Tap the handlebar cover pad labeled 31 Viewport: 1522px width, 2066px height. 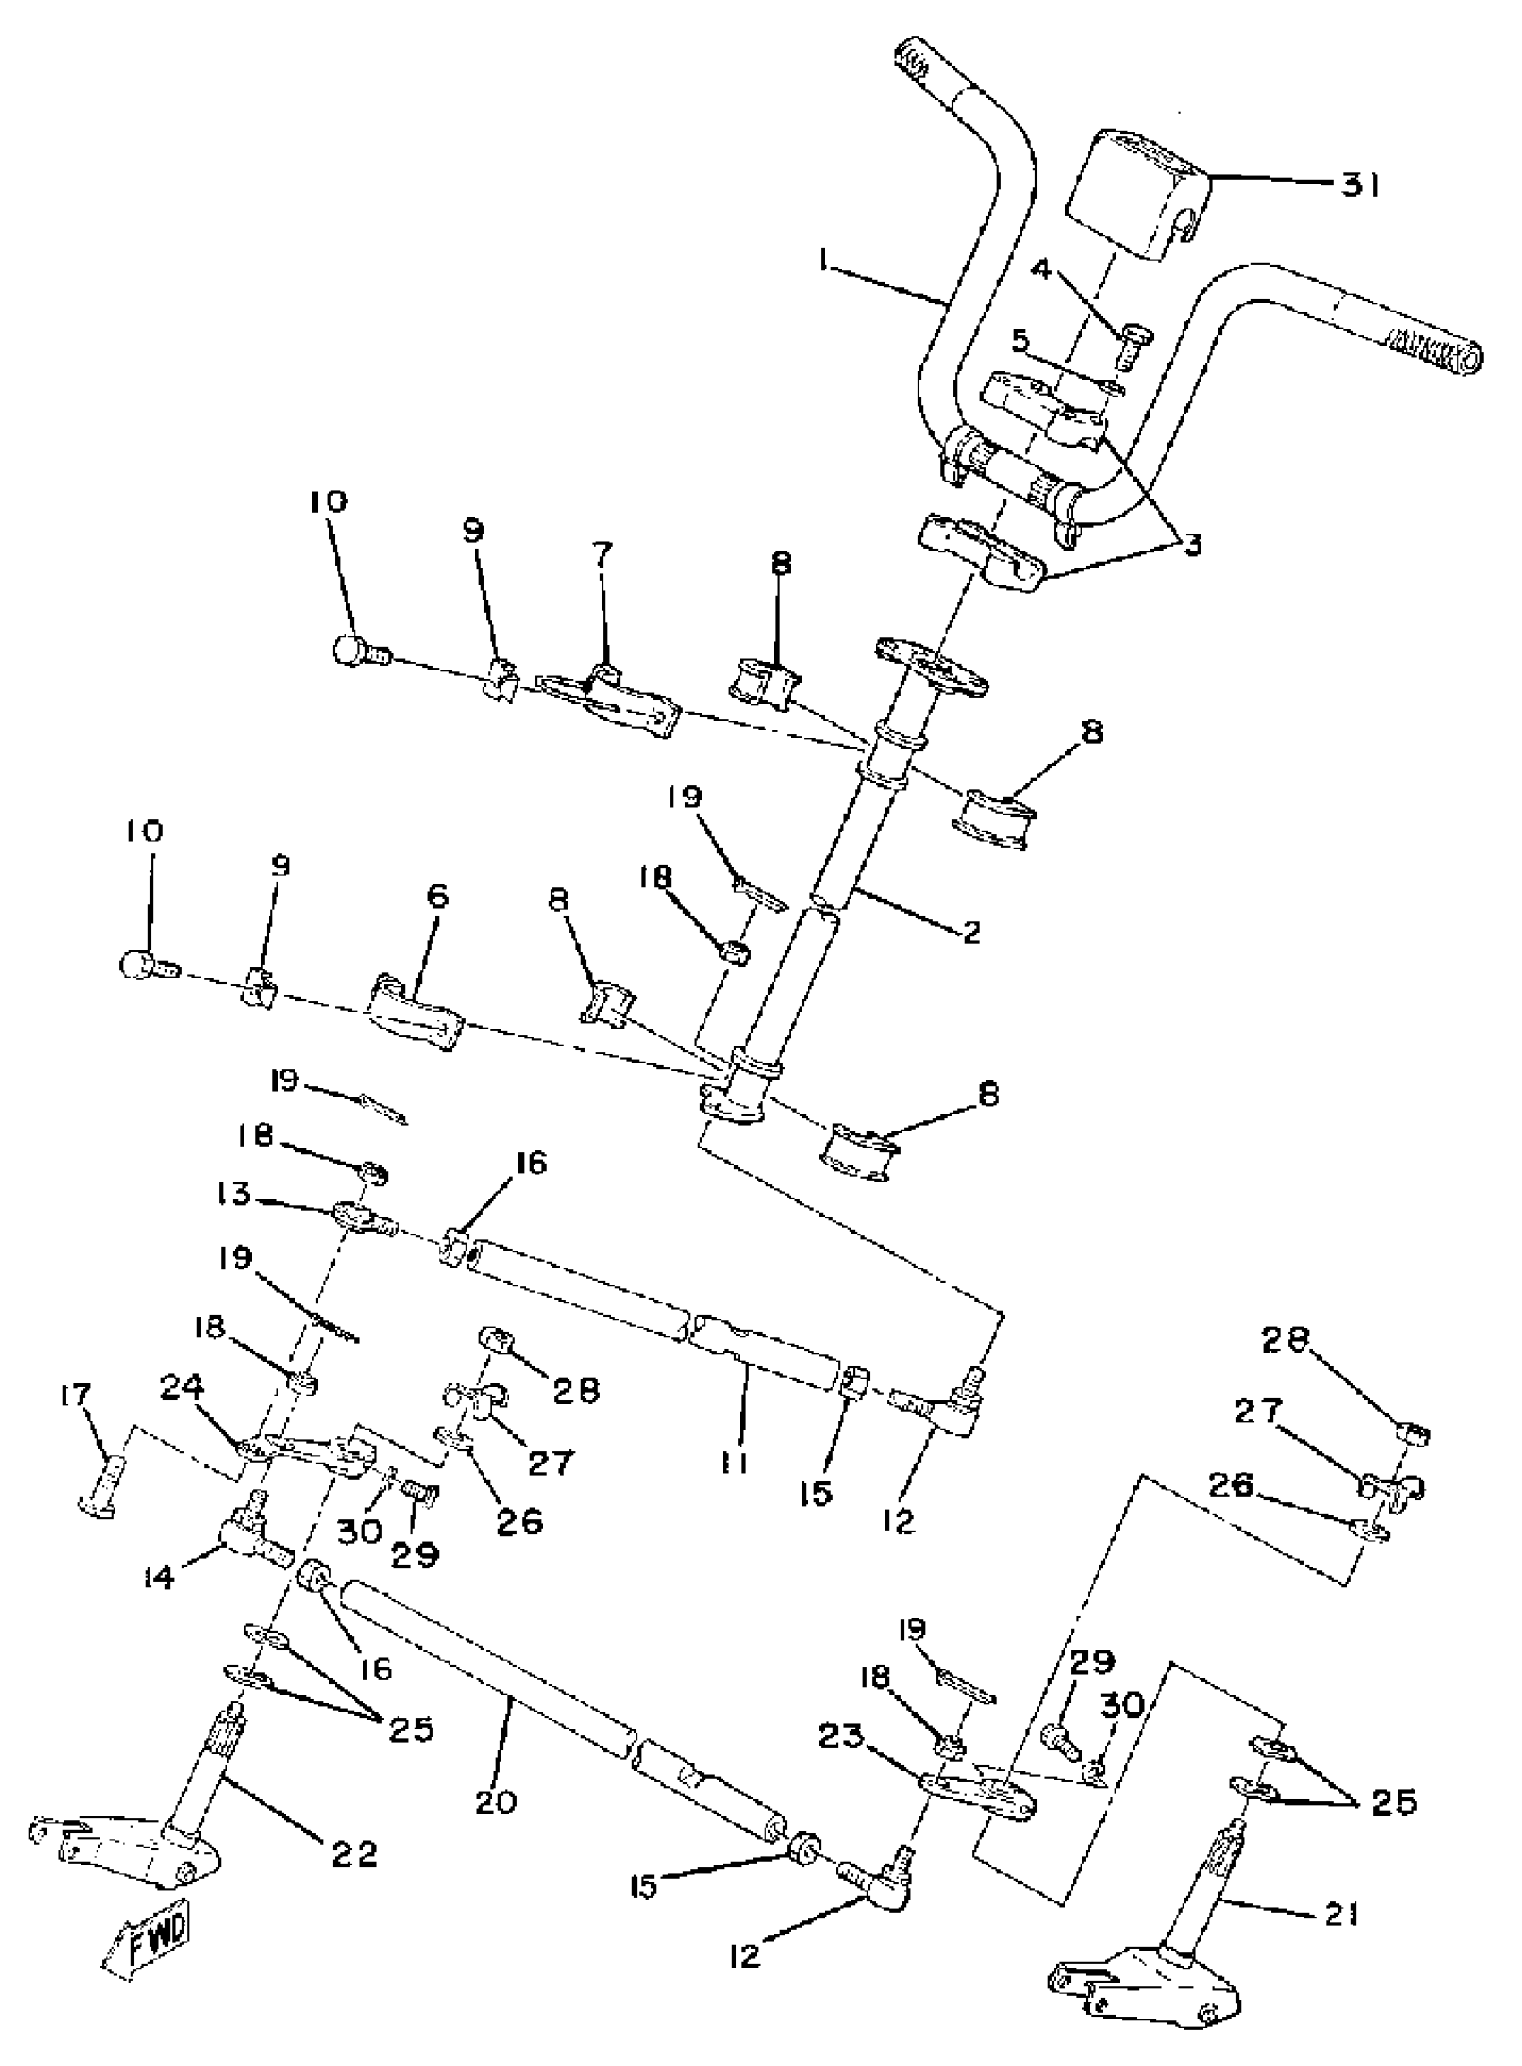tap(1140, 195)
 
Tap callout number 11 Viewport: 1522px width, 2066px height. tap(733, 1462)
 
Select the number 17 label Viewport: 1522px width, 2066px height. tap(75, 1396)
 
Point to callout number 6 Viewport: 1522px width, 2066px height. tap(437, 895)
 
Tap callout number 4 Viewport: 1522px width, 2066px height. tap(1041, 269)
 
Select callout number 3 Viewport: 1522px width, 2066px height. tap(1193, 544)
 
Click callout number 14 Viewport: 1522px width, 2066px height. tap(158, 1579)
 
